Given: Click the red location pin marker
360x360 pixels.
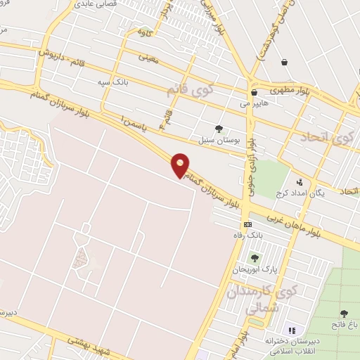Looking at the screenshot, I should point(181,166).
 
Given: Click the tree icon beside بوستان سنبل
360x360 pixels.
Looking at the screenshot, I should point(219,128).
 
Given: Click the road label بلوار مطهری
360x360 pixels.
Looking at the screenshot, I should point(290,90).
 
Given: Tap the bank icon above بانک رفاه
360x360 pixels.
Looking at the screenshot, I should point(247,224).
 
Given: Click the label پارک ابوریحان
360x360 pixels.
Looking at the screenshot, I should point(256,269).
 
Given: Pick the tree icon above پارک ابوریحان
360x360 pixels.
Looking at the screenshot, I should point(255,257).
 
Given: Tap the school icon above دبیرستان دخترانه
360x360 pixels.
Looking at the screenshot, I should point(292,330).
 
